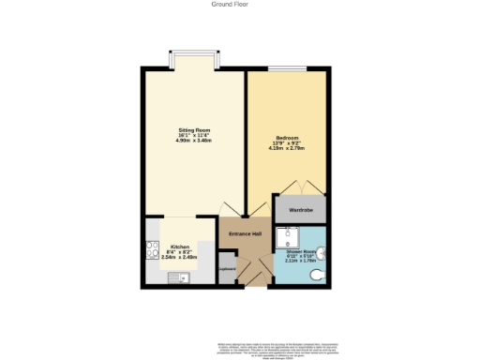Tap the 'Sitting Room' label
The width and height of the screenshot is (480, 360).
194,129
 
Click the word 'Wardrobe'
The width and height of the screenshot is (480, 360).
300,209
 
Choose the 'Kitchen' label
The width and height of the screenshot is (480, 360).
180,246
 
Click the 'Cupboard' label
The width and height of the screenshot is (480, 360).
226,269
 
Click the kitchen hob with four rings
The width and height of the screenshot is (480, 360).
151,250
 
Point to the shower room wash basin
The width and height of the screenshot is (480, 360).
322,251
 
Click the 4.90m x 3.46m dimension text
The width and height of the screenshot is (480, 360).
194,141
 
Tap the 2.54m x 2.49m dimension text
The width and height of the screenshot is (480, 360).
178,256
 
